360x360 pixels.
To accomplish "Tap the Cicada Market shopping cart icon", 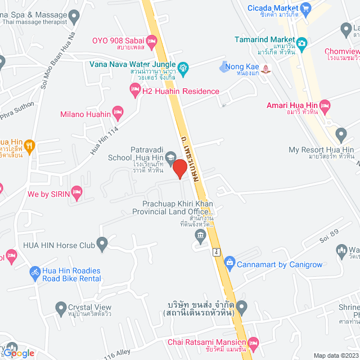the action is coord(305,8).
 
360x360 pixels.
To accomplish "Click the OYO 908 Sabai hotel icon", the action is coord(151,40).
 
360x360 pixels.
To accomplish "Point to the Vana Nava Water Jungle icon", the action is coord(183,71).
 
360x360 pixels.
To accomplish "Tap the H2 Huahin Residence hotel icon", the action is coord(135,92).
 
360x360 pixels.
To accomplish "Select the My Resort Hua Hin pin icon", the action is coord(340,134).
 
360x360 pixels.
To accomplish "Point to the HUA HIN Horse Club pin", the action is coord(102,244).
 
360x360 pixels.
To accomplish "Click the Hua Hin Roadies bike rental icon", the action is coord(35,272).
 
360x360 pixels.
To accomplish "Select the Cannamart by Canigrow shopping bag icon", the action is coord(229,262).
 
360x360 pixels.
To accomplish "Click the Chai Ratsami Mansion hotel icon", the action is coord(253,343).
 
